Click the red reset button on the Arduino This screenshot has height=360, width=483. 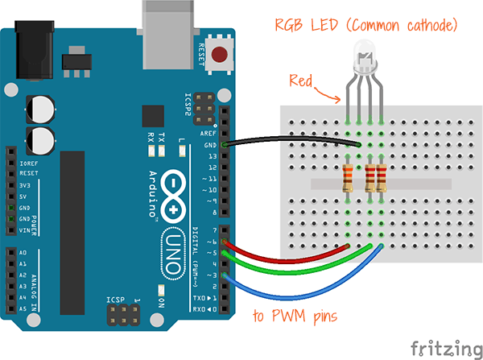pyautogui.click(x=219, y=53)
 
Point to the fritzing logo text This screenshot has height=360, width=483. pyautogui.click(x=443, y=349)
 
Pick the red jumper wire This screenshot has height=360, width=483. pyautogui.click(x=290, y=258)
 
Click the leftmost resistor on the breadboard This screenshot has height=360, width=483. pyautogui.click(x=348, y=176)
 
